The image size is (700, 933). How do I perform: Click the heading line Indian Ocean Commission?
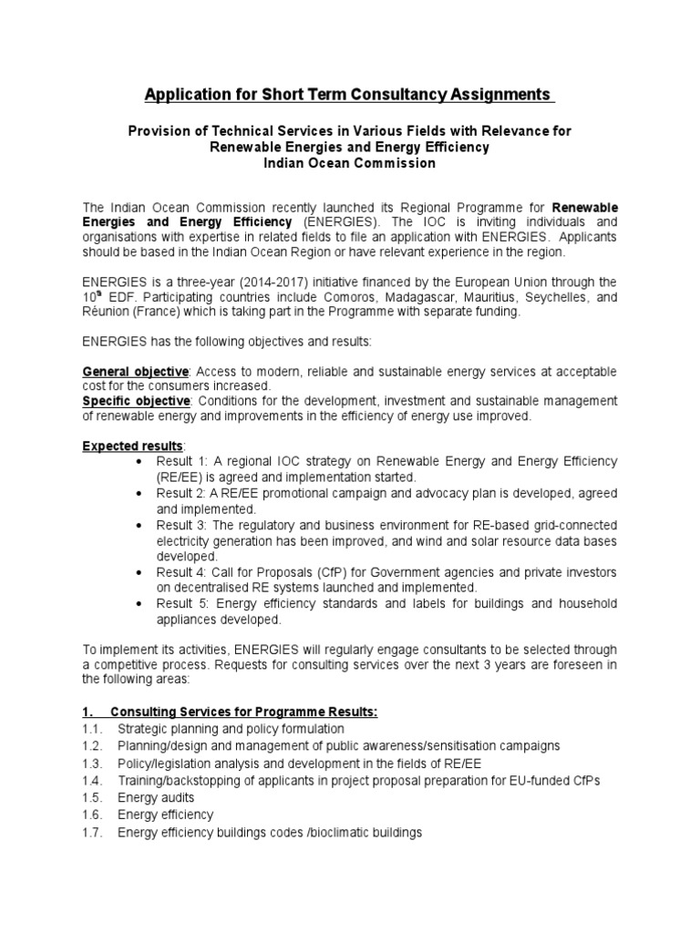click(349, 164)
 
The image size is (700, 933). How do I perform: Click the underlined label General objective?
click(136, 372)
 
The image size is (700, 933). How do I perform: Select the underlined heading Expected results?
click(133, 446)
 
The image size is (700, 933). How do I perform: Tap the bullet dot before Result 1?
click(138, 461)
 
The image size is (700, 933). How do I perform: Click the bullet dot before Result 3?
click(138, 527)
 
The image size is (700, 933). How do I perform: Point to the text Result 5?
click(185, 604)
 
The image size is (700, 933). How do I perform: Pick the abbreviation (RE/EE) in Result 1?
click(180, 477)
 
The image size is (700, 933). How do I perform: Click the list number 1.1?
click(92, 729)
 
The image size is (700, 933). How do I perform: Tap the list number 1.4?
click(92, 781)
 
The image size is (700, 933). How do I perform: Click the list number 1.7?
click(92, 833)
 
